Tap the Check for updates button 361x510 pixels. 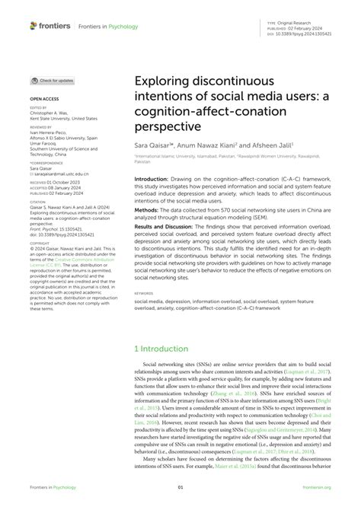coord(53,80)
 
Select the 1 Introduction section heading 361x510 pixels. coord(164,348)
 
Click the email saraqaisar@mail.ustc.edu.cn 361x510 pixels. coord(59,174)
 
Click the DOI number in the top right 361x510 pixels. coord(308,35)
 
